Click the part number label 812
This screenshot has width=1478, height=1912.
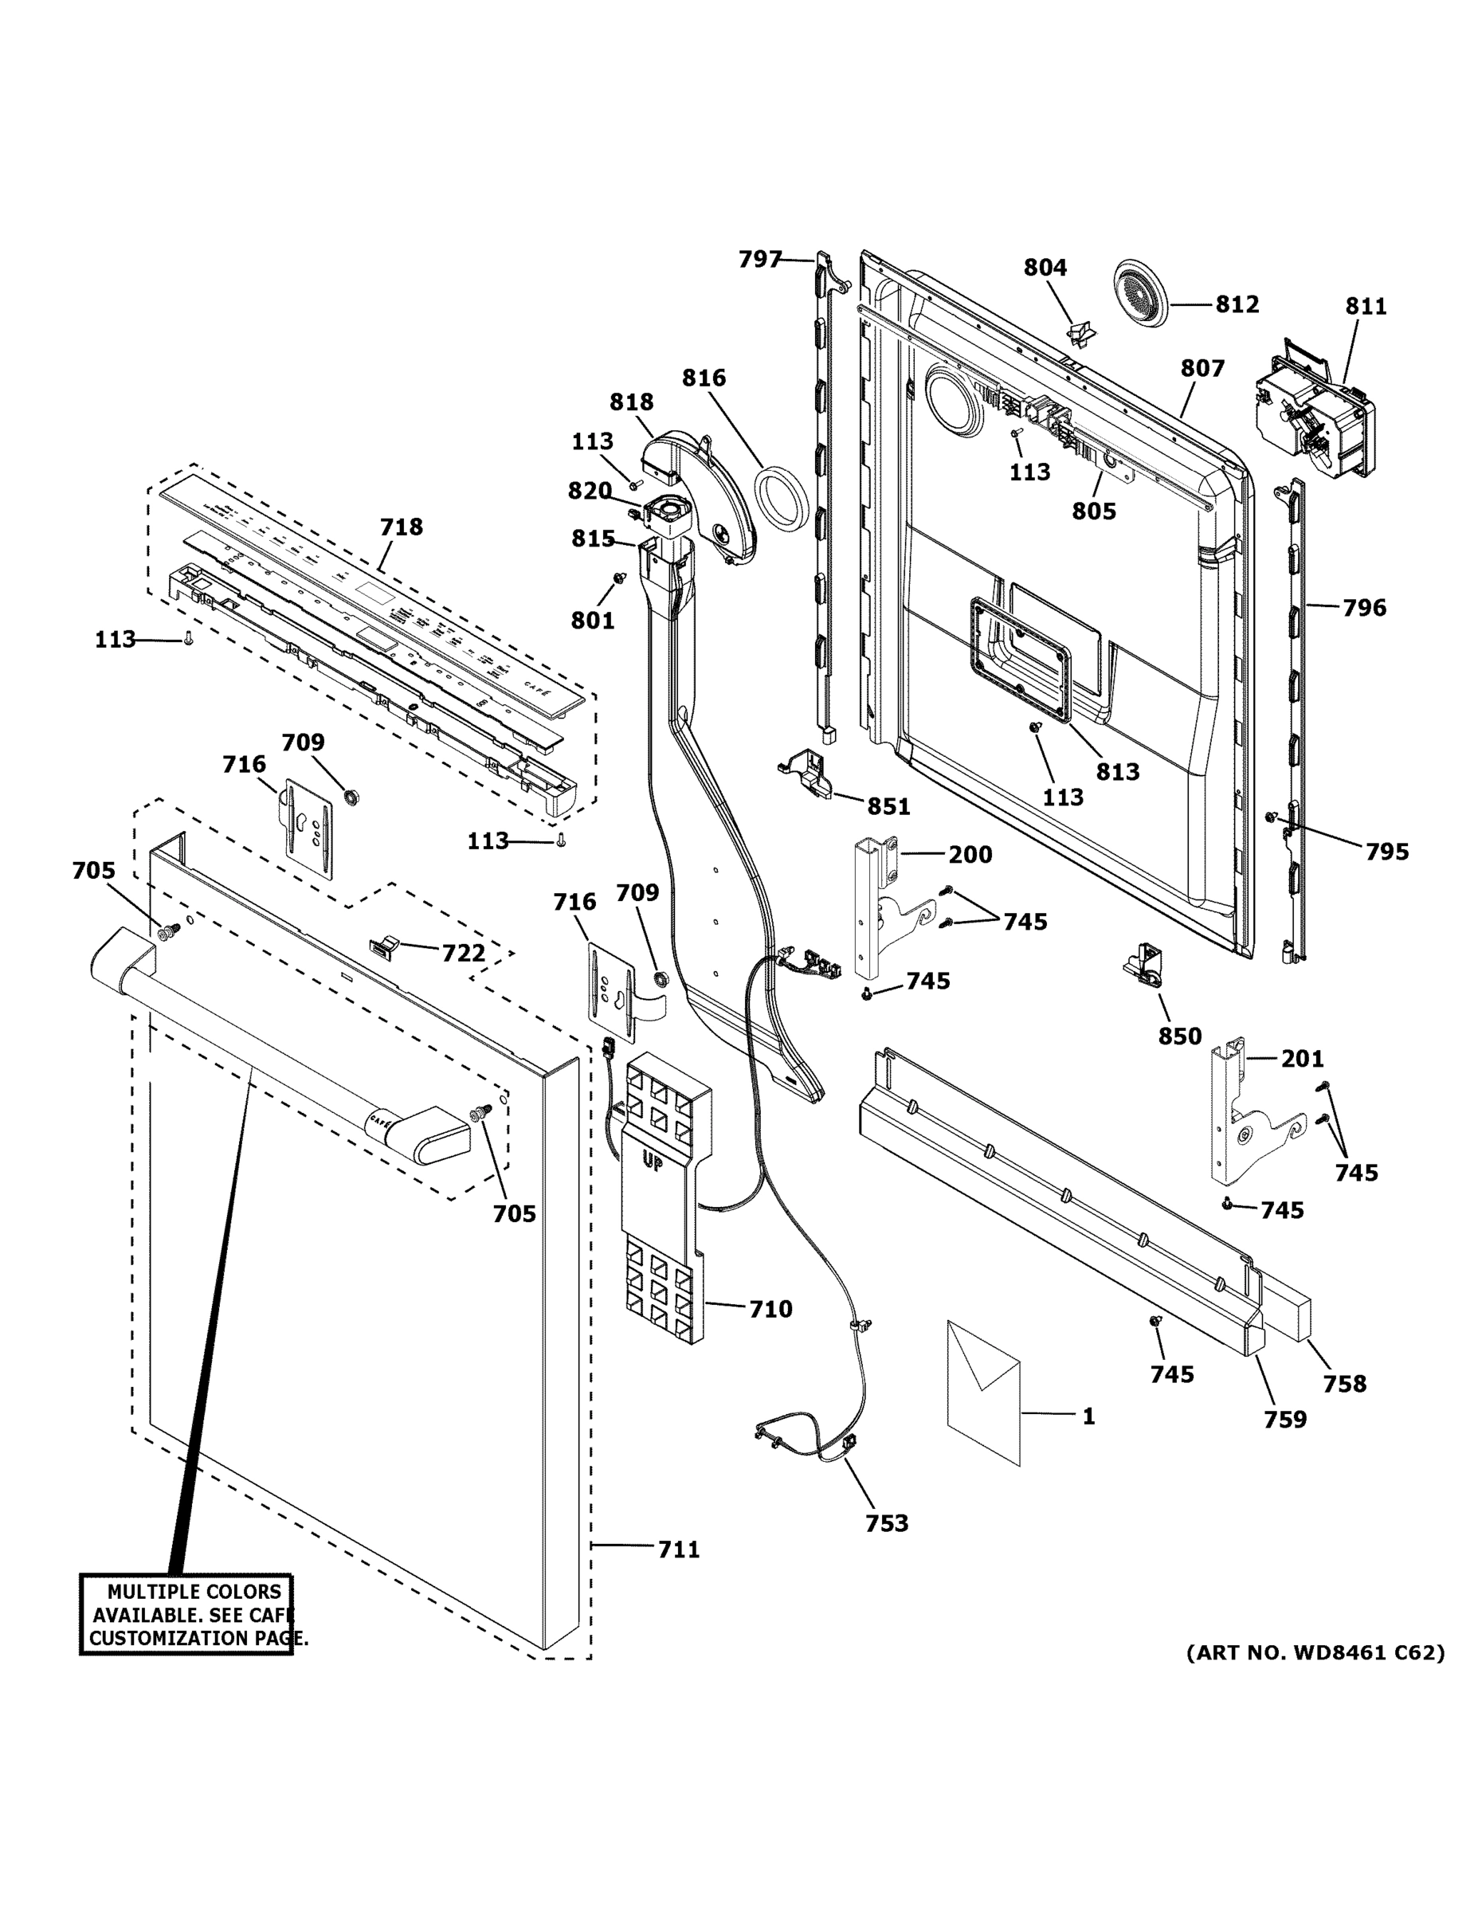coord(1237,304)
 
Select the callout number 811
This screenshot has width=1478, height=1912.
coord(1366,306)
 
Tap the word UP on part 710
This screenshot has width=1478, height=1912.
coord(653,1162)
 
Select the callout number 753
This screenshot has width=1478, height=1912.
coord(886,1523)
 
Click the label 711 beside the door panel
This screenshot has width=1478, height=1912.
coord(679,1550)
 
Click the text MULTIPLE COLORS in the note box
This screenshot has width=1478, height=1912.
coord(194,1592)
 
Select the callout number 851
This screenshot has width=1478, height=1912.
coord(888,806)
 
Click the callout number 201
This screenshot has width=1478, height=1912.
coord(1302,1059)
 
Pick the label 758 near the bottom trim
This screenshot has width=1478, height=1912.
coord(1344,1383)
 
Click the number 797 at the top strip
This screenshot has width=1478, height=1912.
coord(759,258)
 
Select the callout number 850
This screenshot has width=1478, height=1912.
coord(1179,1036)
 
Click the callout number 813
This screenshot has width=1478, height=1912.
coord(1117,771)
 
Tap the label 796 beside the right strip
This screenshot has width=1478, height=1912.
coord(1364,607)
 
